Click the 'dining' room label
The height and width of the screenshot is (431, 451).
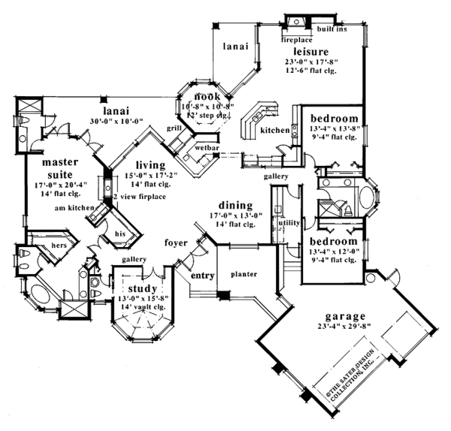coord(235,204)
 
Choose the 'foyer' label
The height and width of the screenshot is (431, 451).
coord(176,243)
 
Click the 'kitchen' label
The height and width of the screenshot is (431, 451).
coord(274,131)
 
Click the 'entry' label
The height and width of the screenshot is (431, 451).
coord(202,276)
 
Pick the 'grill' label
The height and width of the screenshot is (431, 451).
coord(174,128)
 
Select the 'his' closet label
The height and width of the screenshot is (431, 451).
coord(119,234)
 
